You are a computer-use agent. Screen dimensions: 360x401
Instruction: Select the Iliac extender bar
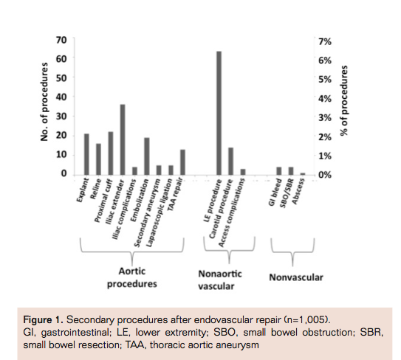[x=123, y=139]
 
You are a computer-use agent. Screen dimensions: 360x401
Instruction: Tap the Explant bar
[x=86, y=154]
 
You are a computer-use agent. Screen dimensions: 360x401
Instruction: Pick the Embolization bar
[x=146, y=156]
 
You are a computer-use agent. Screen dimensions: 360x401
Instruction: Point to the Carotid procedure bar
[x=230, y=162]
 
